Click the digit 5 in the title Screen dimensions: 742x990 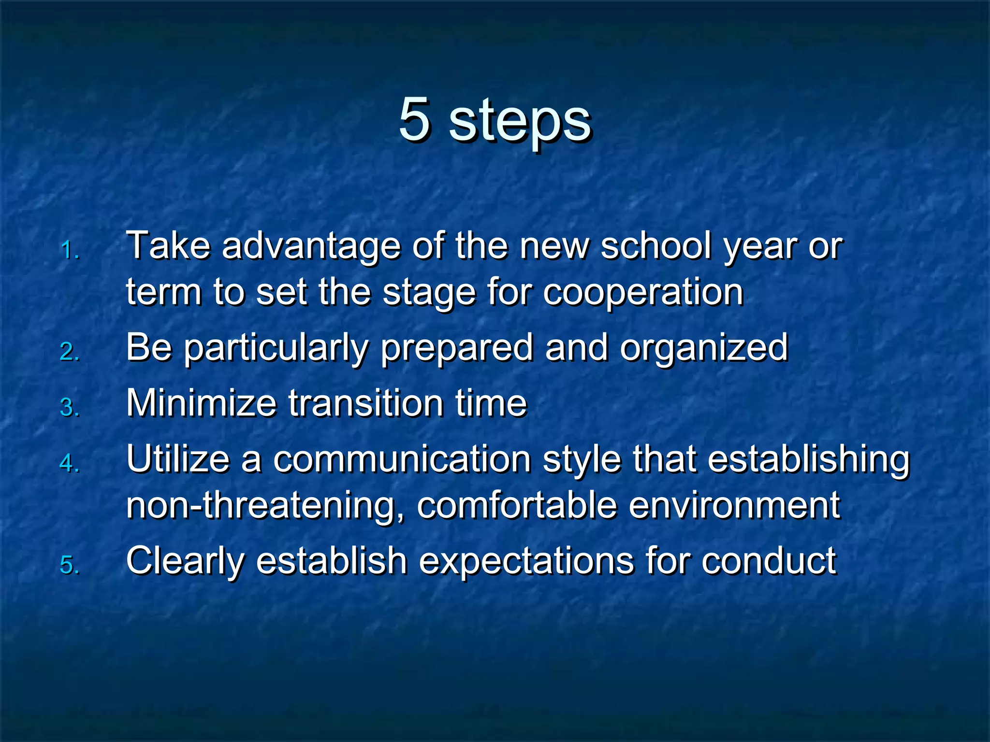(x=415, y=118)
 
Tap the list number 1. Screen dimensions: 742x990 (x=69, y=251)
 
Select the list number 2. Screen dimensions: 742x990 (x=69, y=352)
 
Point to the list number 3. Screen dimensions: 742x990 (x=69, y=407)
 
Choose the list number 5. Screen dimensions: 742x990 (x=69, y=565)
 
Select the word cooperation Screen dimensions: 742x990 (x=643, y=293)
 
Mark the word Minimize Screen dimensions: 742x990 (x=201, y=403)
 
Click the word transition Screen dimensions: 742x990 (x=366, y=403)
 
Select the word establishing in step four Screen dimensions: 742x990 (x=809, y=460)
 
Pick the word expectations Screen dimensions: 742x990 (x=526, y=562)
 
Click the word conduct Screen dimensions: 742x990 (x=769, y=561)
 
